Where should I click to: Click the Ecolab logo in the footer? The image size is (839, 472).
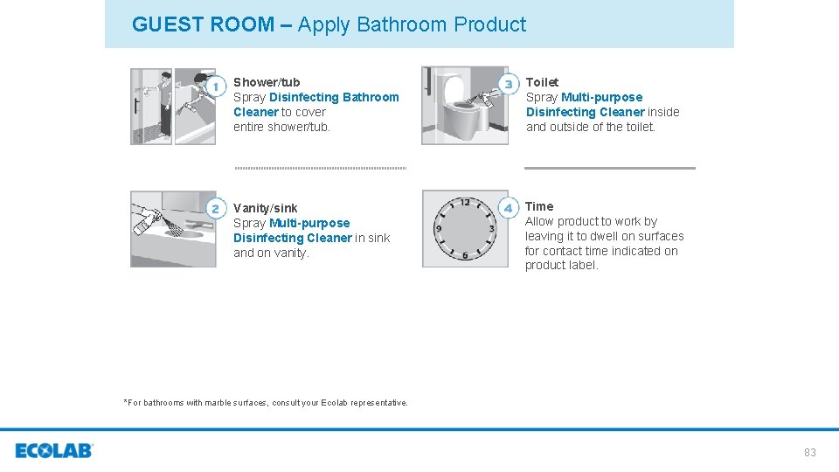[x=53, y=451]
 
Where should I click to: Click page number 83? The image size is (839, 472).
[x=809, y=453]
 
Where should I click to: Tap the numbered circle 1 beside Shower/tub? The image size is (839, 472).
[x=216, y=86]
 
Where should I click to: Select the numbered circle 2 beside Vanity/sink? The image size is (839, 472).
[x=216, y=208]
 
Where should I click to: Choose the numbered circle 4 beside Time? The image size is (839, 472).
[x=509, y=208]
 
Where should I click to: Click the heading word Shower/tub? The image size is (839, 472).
[x=267, y=82]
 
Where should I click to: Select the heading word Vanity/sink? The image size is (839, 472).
[x=265, y=208]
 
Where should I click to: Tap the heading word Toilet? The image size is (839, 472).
[x=542, y=82]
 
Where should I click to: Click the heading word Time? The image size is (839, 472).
[x=539, y=206]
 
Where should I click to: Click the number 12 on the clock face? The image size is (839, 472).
[x=465, y=203]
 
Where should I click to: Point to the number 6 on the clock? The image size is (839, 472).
[x=465, y=255]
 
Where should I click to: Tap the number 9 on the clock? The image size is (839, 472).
[x=439, y=229]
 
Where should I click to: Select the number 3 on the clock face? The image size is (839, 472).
[x=491, y=229]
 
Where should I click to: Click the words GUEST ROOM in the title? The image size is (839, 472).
[x=203, y=24]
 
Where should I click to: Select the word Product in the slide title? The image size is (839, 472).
[x=490, y=24]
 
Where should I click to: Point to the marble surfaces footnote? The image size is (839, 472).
[x=266, y=403]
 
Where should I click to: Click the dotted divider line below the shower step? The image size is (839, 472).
[x=320, y=168]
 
